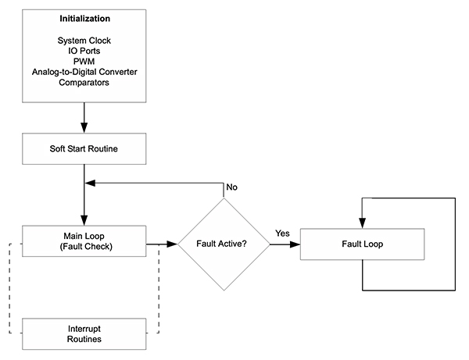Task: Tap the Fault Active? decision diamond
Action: [224, 244]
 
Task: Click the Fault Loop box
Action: [362, 244]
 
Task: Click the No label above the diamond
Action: [231, 187]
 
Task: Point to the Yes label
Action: [284, 233]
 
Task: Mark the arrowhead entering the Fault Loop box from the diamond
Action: [295, 244]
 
